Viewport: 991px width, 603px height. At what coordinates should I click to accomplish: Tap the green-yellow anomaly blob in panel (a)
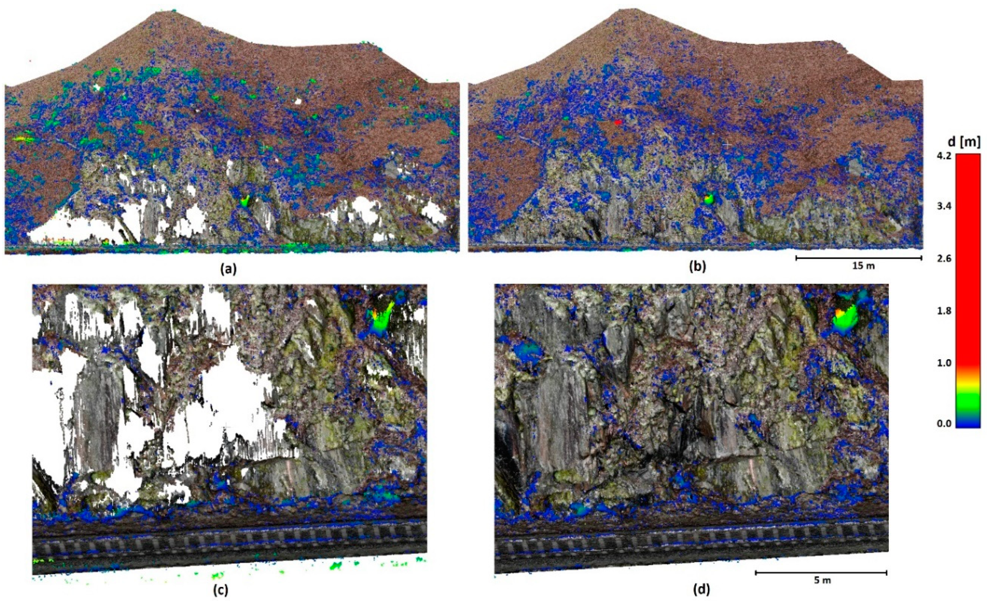pyautogui.click(x=245, y=200)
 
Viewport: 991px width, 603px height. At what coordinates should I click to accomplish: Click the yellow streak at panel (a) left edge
pyautogui.click(x=23, y=138)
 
